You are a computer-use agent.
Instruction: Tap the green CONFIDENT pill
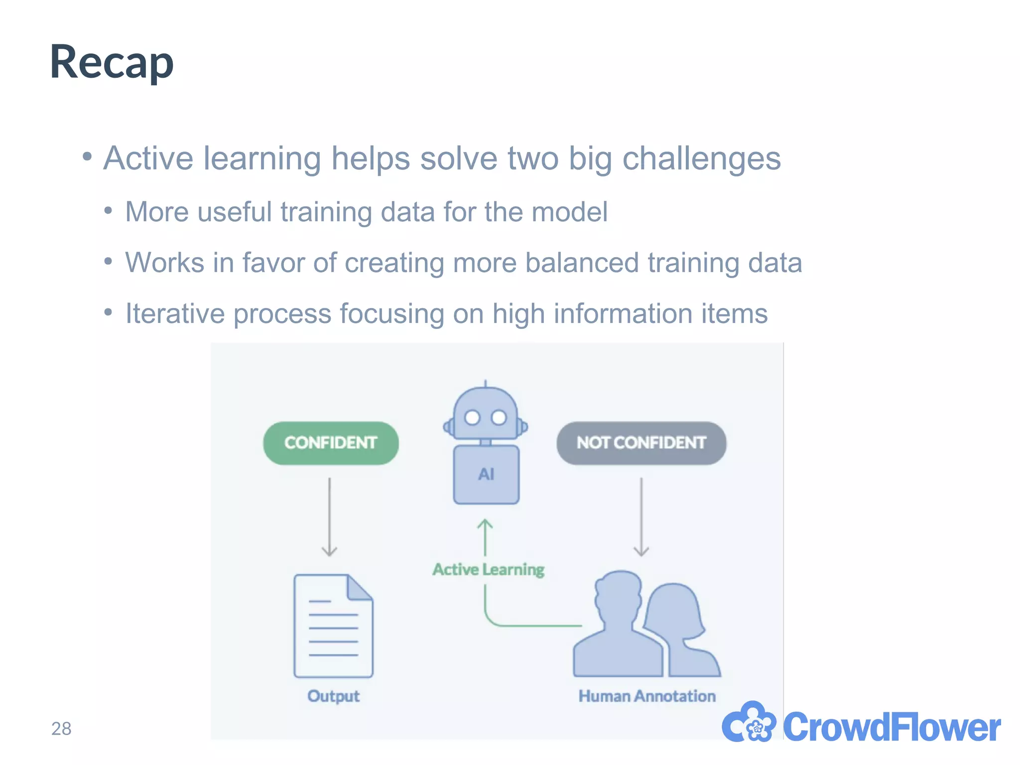[331, 443]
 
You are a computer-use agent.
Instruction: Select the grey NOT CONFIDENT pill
[641, 443]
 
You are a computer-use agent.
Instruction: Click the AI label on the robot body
[486, 474]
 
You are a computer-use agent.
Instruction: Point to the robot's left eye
[472, 417]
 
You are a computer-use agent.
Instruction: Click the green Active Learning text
[488, 569]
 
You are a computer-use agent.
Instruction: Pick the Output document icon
[333, 626]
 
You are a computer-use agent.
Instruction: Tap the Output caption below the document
[333, 696]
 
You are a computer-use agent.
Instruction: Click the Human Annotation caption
[646, 696]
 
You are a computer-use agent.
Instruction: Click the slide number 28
[61, 729]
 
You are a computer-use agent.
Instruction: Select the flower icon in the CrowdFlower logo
[749, 723]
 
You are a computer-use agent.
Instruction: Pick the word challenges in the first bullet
[701, 158]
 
